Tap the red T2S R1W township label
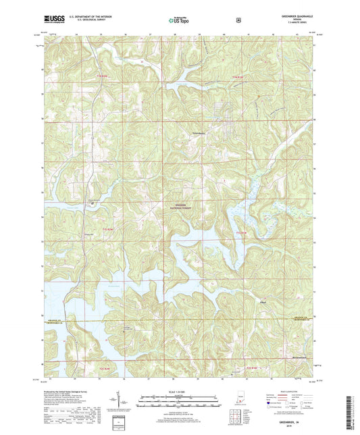pyautogui.click(x=251, y=367)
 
